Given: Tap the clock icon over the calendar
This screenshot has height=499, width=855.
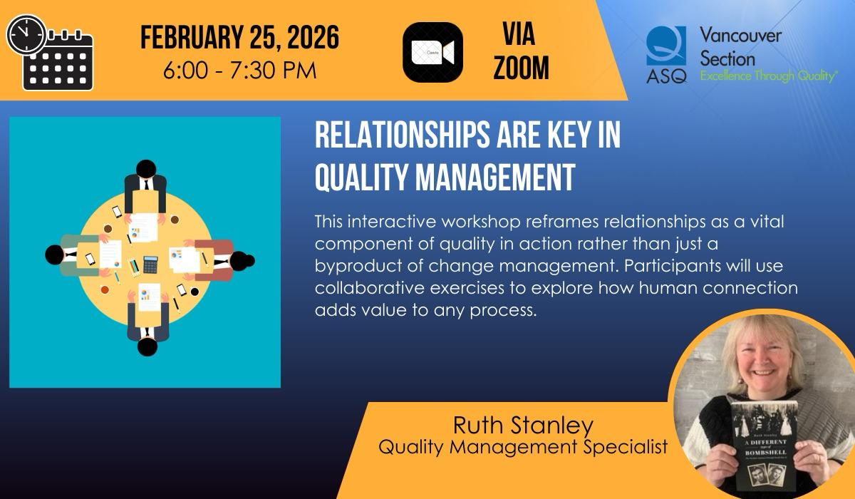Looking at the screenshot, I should click(26, 34).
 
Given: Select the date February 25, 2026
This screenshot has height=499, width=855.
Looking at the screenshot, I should click(239, 38).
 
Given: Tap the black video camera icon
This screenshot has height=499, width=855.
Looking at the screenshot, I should click(432, 52).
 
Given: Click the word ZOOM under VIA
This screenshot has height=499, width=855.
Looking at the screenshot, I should click(522, 68).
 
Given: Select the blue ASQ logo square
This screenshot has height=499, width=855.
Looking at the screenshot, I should click(666, 46).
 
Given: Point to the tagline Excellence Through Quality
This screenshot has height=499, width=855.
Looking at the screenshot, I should click(768, 76).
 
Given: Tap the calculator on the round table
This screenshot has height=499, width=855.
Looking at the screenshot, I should click(150, 264).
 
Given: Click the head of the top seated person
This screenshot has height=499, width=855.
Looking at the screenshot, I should click(145, 170).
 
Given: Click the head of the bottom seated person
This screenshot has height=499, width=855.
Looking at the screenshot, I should click(147, 346).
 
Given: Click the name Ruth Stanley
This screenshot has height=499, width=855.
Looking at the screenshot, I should click(522, 426).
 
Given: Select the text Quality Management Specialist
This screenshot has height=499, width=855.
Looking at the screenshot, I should click(522, 447).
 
